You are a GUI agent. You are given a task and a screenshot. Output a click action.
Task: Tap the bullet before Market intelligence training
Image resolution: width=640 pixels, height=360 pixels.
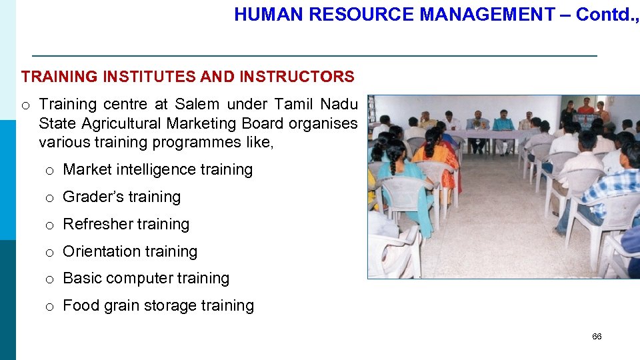point(49,171)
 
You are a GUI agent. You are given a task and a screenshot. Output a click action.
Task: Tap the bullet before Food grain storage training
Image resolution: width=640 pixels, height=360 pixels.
point(49,307)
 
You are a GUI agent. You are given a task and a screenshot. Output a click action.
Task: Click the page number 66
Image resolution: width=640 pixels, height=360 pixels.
point(597,337)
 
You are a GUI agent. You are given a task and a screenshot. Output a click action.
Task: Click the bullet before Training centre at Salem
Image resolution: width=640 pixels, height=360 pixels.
point(25,105)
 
